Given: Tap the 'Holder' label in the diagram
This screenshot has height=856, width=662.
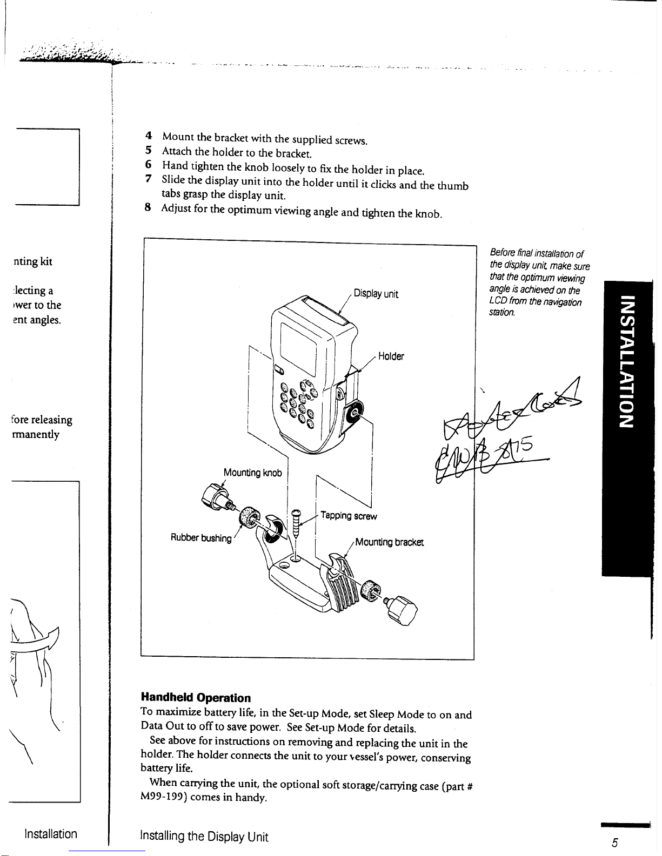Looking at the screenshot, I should click(x=391, y=356).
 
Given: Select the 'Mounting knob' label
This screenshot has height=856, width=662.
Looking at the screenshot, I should click(x=252, y=473).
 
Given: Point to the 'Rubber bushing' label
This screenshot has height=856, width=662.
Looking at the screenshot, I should click(x=201, y=538).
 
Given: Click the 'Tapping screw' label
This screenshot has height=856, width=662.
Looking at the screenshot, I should click(x=349, y=516).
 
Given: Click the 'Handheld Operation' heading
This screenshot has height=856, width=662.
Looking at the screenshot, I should click(x=196, y=698).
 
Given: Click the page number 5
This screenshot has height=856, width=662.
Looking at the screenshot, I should click(x=614, y=844).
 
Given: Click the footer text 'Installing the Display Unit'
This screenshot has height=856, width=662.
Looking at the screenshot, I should click(x=204, y=837).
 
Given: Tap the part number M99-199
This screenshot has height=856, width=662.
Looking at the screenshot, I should click(x=161, y=798).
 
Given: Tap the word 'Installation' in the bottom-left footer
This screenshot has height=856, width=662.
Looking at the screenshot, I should click(x=51, y=834).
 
